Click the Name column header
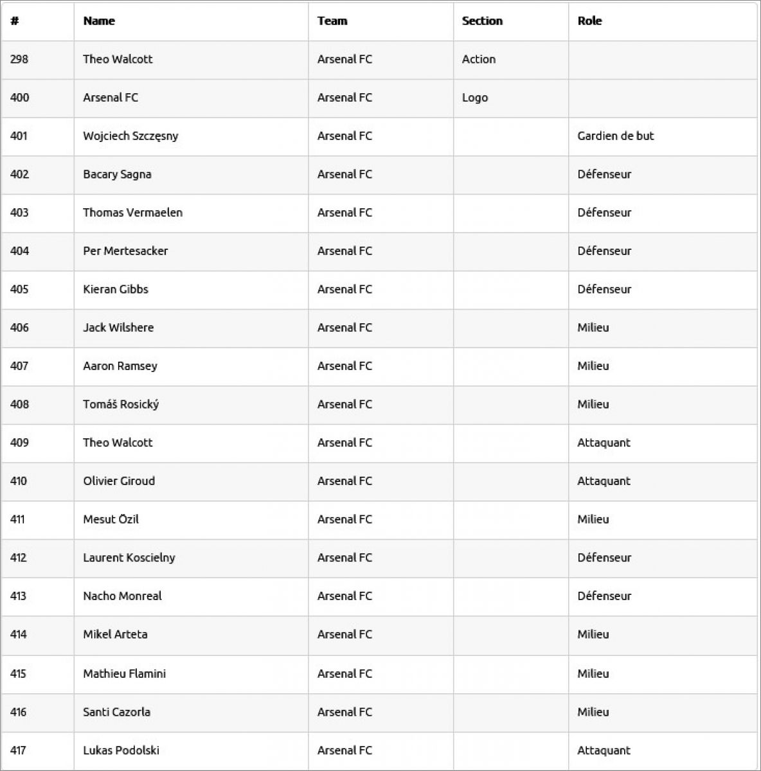[99, 21]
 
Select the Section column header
[482, 21]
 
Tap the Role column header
[589, 21]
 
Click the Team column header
[332, 21]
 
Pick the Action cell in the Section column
[479, 59]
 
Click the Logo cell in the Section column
[475, 98]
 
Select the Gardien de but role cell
[616, 136]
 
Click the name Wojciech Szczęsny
[130, 136]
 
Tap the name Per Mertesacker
[125, 251]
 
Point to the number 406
[19, 328]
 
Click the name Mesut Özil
[111, 519]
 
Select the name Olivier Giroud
[119, 481]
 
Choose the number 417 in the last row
[19, 750]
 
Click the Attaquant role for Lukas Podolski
[604, 750]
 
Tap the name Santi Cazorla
[116, 712]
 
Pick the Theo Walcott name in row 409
[118, 443]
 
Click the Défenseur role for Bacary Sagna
[604, 174]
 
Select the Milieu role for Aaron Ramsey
[593, 366]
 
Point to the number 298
[19, 59]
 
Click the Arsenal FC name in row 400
[111, 98]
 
